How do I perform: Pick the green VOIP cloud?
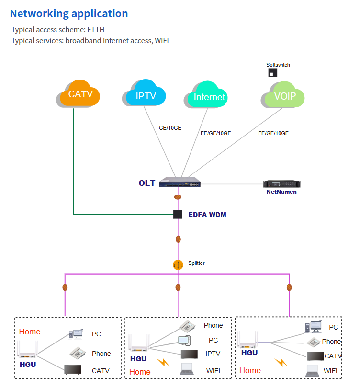click(x=284, y=96)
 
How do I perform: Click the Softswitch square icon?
click(x=272, y=73)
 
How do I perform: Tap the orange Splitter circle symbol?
click(x=178, y=264)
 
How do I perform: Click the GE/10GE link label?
click(x=170, y=128)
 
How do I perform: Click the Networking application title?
click(x=69, y=13)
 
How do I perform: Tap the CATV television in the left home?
click(x=73, y=369)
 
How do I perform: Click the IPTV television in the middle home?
click(x=189, y=354)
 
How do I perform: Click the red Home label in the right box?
click(x=250, y=370)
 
